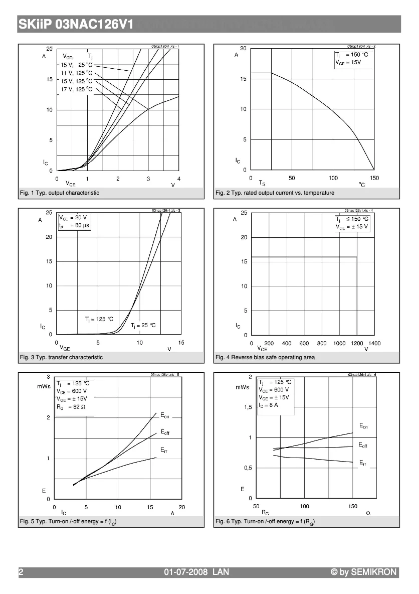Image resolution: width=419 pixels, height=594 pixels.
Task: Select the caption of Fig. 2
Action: (275, 193)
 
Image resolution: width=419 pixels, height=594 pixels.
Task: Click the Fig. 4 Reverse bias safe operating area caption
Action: (265, 357)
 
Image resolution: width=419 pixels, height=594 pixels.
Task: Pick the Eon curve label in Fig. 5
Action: (165, 415)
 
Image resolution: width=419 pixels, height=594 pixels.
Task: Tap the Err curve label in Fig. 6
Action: (363, 463)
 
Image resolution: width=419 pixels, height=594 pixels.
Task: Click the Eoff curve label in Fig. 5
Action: (165, 432)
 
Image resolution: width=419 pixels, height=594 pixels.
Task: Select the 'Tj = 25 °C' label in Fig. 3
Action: (143, 326)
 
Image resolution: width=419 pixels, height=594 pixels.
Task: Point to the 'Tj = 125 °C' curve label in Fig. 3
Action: (99, 319)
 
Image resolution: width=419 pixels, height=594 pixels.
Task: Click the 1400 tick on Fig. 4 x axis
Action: (374, 343)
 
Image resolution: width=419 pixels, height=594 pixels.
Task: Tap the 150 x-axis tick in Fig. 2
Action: (374, 178)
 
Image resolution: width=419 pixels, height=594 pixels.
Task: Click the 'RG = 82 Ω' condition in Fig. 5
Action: (72, 407)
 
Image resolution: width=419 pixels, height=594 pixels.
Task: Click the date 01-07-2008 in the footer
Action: (186, 572)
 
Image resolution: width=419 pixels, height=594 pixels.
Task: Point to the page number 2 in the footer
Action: (21, 572)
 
